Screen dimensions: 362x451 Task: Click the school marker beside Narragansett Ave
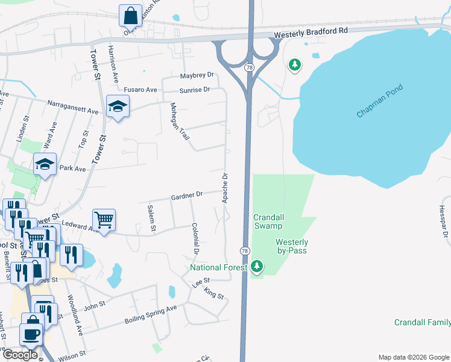point(118,107)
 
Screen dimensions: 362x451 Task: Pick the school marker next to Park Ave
point(45,164)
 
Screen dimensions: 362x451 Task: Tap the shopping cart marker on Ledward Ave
point(104,220)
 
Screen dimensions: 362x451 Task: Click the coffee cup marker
point(31,333)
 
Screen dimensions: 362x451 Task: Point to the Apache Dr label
point(225,188)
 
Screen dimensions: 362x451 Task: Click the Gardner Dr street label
point(186,195)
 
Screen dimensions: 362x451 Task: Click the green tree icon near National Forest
point(257,266)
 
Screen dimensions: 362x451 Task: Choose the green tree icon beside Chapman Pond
point(294,64)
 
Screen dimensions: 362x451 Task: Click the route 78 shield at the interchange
point(249,68)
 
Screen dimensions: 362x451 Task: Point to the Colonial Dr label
point(195,238)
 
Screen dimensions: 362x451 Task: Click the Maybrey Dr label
point(197,76)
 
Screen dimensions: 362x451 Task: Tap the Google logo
point(20,355)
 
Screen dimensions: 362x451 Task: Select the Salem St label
point(151,218)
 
